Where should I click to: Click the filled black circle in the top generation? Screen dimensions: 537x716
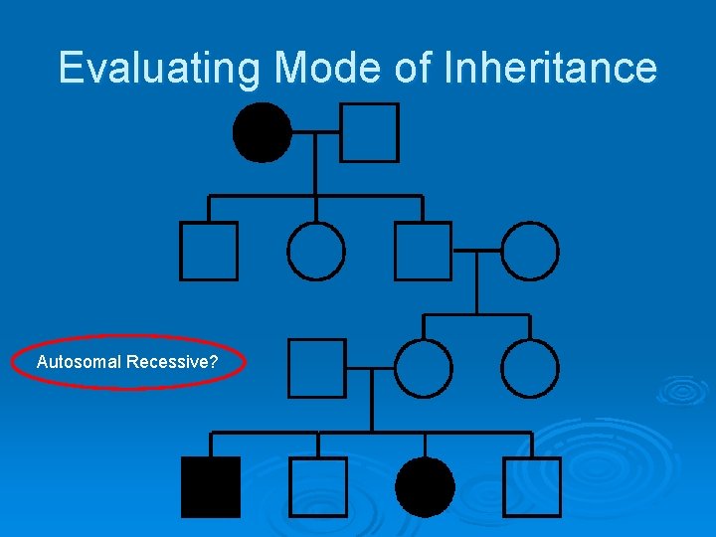(263, 132)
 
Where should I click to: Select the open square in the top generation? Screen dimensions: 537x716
(369, 132)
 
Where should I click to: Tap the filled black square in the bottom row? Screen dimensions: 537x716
(210, 487)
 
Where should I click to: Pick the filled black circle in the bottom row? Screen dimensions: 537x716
(425, 487)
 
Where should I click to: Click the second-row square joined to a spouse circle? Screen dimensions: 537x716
(423, 251)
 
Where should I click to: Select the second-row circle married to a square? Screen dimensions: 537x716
(530, 251)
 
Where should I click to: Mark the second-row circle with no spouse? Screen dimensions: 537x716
(316, 251)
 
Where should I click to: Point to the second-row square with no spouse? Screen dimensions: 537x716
(209, 251)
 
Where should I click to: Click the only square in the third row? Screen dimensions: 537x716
(317, 368)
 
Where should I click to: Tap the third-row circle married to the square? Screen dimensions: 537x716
(424, 368)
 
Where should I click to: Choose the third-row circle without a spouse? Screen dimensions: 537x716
(530, 368)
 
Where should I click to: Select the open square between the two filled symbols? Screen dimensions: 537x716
(318, 487)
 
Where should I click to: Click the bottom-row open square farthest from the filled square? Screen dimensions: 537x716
(532, 487)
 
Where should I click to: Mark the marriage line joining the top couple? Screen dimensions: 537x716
(316, 131)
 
